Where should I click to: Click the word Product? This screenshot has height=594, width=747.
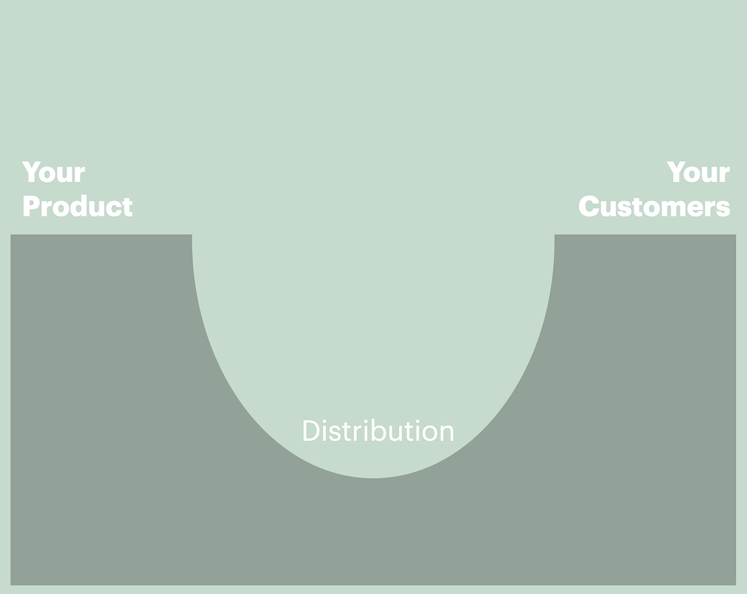click(x=77, y=207)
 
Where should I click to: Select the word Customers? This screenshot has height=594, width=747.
click(x=654, y=207)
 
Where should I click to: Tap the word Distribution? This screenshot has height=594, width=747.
click(x=378, y=431)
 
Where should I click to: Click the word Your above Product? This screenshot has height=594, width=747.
click(x=53, y=173)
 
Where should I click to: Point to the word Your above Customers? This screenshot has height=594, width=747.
click(x=698, y=173)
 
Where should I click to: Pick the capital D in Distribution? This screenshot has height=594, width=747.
click(x=311, y=431)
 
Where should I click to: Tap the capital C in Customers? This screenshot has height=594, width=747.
click(x=589, y=207)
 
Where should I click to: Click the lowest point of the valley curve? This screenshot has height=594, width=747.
click(x=373, y=478)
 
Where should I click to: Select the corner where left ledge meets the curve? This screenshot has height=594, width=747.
click(x=192, y=235)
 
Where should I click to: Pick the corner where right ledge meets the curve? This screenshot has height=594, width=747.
click(x=555, y=235)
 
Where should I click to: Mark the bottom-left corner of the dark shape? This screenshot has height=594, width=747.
click(x=11, y=585)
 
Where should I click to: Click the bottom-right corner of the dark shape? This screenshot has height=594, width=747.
click(x=736, y=585)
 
